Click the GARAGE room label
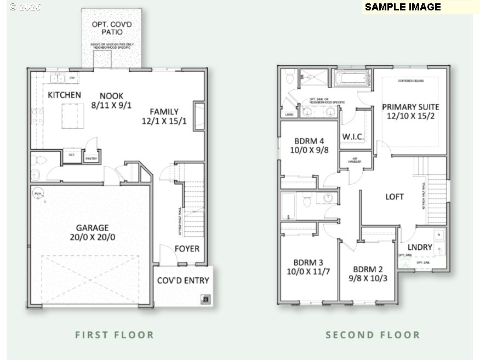pos(92,228)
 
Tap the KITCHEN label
pos(64,95)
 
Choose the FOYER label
pos(187,249)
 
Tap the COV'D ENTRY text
pos(183,281)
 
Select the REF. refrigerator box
pos(72,155)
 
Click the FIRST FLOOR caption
pos(115,335)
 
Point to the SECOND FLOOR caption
pos(373,335)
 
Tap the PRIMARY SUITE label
pos(410,107)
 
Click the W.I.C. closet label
pos(353,136)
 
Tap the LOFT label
pos(395,197)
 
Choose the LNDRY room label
pos(420,247)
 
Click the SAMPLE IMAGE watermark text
pos(403,7)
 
